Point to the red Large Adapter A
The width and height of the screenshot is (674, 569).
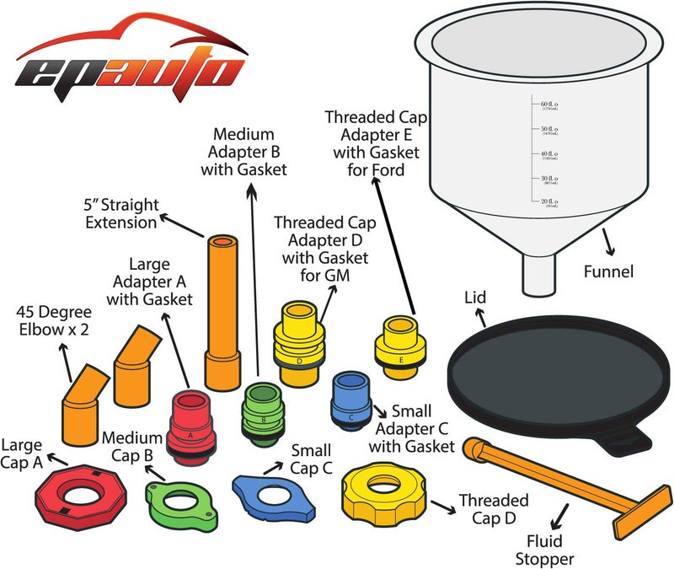(193, 427)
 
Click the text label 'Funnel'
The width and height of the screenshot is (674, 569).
(608, 271)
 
